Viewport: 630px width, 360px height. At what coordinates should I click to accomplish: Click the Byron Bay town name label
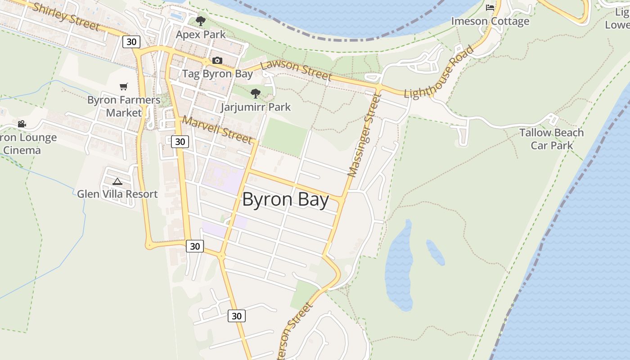click(286, 199)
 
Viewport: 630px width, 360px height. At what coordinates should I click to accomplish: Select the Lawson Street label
click(296, 71)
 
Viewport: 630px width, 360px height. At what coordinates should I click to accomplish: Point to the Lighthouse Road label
click(439, 72)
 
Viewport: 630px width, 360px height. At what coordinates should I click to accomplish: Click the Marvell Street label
click(217, 130)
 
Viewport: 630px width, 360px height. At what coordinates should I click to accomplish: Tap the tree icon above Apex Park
click(201, 21)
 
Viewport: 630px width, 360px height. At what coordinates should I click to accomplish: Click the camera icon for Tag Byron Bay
click(217, 61)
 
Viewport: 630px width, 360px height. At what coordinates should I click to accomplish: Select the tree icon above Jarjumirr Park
click(256, 94)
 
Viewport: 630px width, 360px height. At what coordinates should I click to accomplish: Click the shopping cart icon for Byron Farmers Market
click(124, 86)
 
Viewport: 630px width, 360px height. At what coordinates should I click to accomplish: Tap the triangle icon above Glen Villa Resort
click(117, 181)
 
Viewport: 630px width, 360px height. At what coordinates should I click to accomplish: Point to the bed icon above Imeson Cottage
click(490, 8)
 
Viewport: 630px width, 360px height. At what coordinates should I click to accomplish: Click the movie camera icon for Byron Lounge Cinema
click(22, 124)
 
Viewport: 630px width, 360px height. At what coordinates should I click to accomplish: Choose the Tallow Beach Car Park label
click(551, 139)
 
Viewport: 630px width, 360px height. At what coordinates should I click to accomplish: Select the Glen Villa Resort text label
click(117, 194)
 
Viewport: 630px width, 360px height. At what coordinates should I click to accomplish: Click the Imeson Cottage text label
click(490, 21)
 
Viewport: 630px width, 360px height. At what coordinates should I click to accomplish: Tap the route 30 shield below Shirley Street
click(131, 42)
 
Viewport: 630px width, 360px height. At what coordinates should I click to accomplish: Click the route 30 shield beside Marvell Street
click(180, 142)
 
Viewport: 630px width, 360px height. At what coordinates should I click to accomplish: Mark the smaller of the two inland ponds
click(435, 252)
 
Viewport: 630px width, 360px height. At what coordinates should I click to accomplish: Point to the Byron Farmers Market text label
click(124, 106)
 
